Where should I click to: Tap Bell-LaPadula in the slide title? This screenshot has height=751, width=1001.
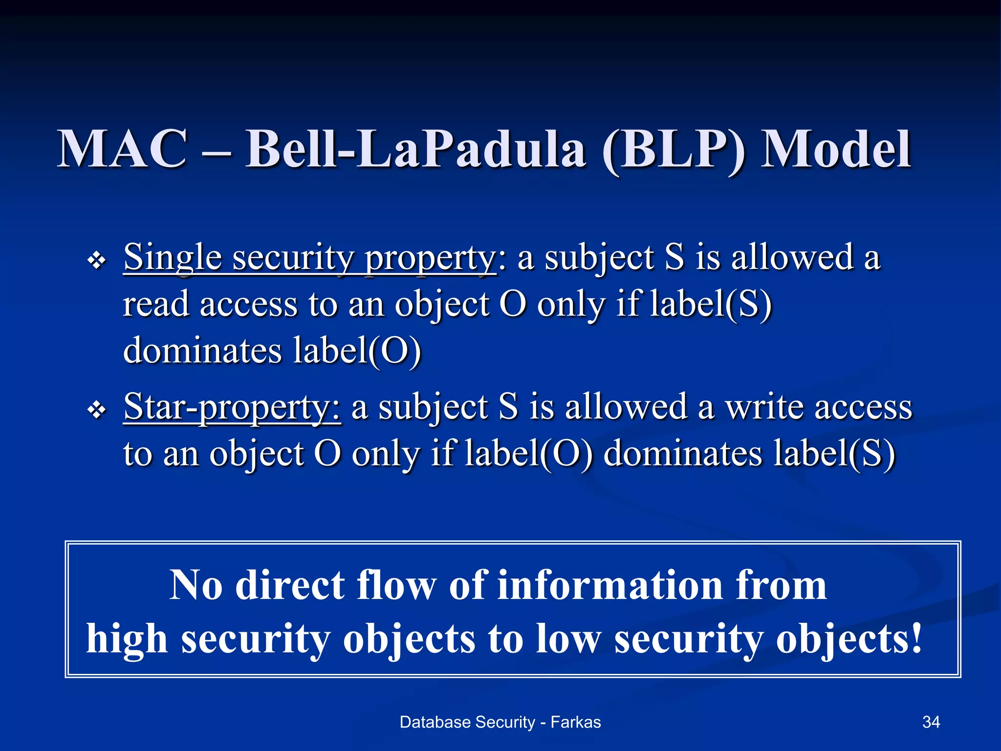pyautogui.click(x=415, y=149)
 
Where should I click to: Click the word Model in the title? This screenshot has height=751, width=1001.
pyautogui.click(x=836, y=149)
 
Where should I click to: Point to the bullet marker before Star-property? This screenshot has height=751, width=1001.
pyautogui.click(x=97, y=410)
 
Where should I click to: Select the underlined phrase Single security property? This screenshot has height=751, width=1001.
pyautogui.click(x=310, y=258)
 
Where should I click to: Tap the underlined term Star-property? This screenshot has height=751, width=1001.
pyautogui.click(x=232, y=408)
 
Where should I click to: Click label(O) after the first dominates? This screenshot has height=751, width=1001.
pyautogui.click(x=357, y=352)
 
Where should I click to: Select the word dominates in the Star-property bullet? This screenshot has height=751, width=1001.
pyautogui.click(x=683, y=454)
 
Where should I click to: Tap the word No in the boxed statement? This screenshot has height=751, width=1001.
pyautogui.click(x=196, y=585)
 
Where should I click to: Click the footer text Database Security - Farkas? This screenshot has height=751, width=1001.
pyautogui.click(x=500, y=722)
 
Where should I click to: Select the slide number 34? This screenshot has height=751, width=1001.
pyautogui.click(x=931, y=722)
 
